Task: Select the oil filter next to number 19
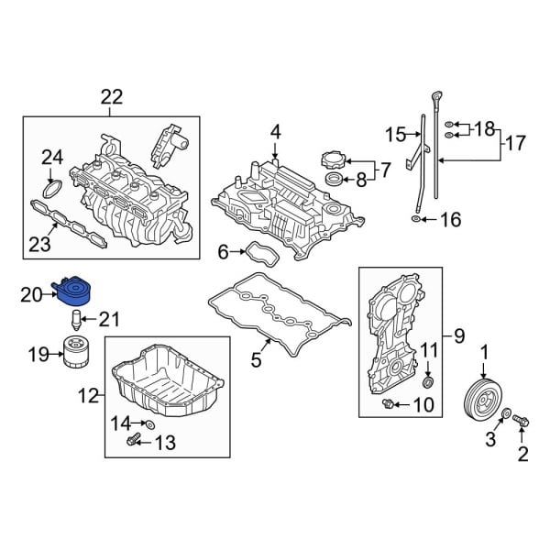pos(72,352)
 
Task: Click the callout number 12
pos(87,397)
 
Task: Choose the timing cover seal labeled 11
pos(430,380)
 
